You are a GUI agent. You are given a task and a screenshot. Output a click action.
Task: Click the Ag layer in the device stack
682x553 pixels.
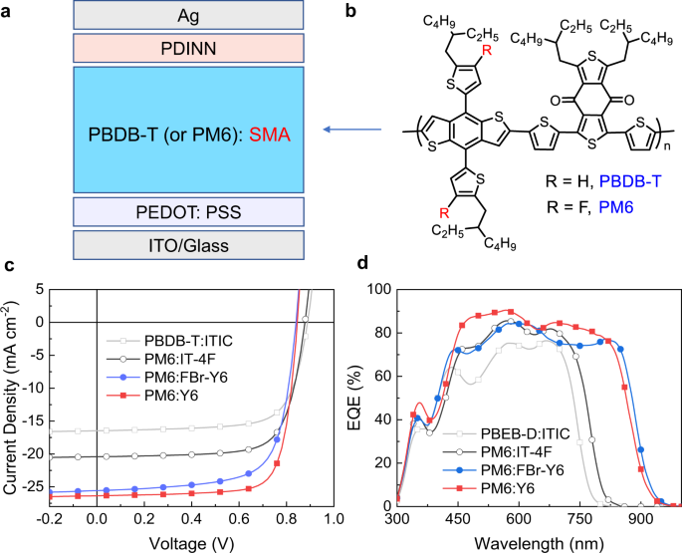pyautogui.click(x=188, y=15)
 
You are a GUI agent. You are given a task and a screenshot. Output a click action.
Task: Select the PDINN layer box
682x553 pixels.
pyautogui.click(x=188, y=48)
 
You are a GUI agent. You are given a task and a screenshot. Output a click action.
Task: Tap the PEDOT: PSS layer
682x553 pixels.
pyautogui.click(x=188, y=211)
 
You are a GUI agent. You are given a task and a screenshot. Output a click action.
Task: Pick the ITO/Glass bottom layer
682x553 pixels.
pyautogui.click(x=188, y=244)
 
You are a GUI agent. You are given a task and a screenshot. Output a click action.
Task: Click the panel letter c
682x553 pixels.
pyautogui.click(x=10, y=266)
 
